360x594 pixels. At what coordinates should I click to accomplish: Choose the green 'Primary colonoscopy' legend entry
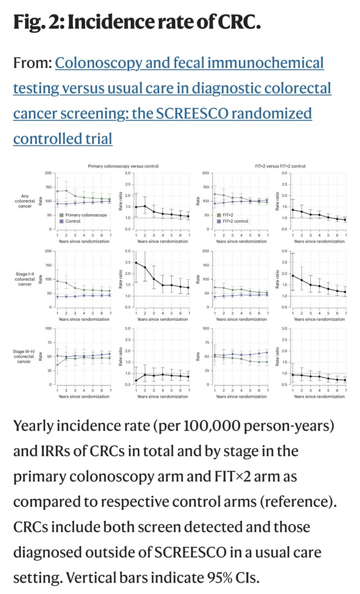coord(82,215)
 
